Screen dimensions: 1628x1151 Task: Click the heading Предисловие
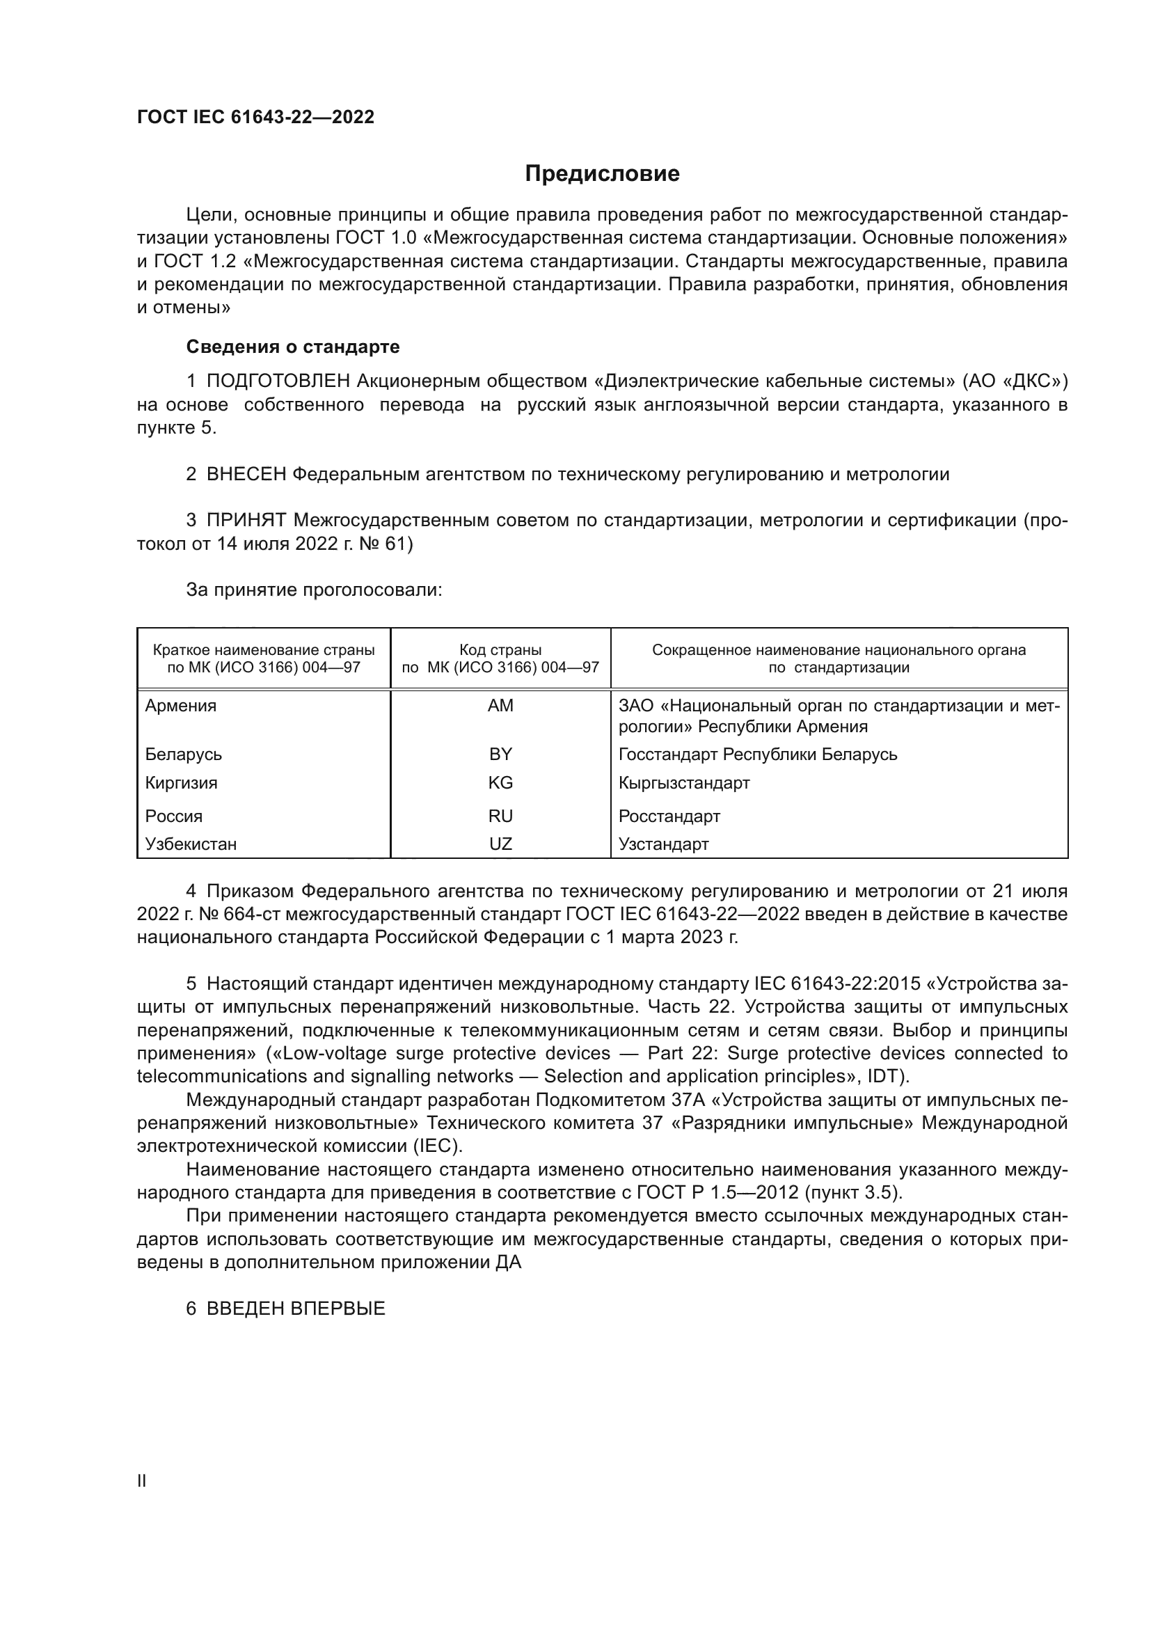[x=602, y=174]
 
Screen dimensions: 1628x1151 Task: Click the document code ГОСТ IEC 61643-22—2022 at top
[x=255, y=118]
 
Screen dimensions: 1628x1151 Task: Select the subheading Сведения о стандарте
[x=293, y=347]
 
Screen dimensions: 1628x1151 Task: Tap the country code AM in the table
[x=500, y=706]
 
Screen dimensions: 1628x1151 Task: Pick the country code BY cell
[x=500, y=754]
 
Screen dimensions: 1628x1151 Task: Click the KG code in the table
[x=500, y=783]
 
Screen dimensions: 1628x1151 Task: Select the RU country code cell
[x=500, y=816]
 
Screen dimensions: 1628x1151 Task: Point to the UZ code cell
[x=500, y=844]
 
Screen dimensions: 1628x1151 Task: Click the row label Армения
[x=181, y=706]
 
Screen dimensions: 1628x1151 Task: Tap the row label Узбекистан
[x=191, y=844]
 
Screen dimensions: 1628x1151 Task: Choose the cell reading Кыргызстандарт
[x=684, y=783]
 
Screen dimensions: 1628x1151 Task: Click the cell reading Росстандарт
[x=669, y=816]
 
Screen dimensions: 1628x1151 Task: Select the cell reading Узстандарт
[x=663, y=844]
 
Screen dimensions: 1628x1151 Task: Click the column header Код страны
[x=500, y=650]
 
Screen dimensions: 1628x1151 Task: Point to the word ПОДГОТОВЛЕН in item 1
[x=278, y=381]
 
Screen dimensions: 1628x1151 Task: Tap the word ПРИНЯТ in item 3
[x=246, y=521]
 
